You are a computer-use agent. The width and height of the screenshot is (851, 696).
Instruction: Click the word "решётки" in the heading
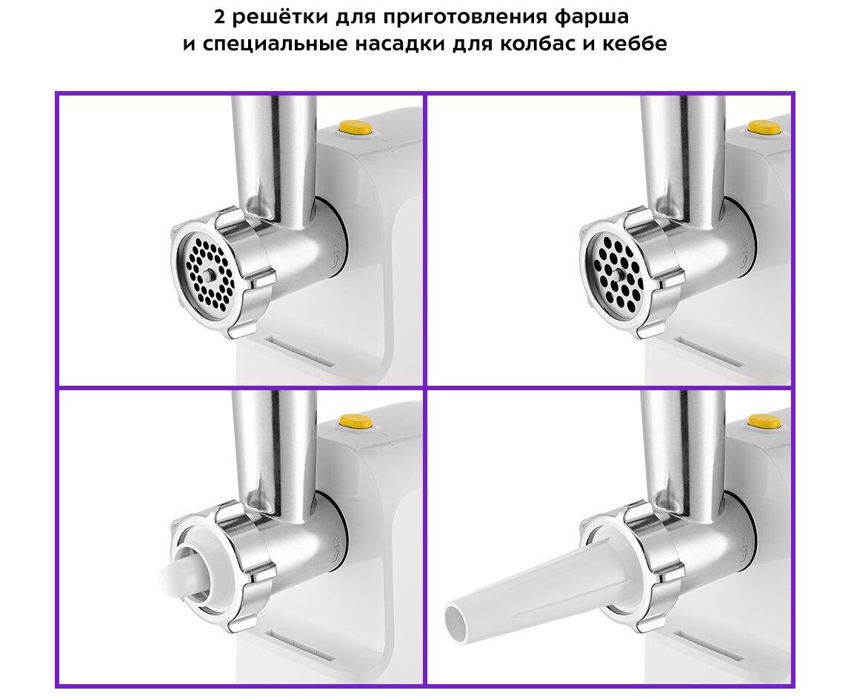[277, 17]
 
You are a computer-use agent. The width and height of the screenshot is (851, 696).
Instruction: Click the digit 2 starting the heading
[219, 17]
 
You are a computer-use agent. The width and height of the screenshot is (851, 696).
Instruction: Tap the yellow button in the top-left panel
[356, 129]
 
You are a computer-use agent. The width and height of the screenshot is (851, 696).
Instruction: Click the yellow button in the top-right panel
[764, 129]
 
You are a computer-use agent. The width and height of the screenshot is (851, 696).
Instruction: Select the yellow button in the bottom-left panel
[356, 421]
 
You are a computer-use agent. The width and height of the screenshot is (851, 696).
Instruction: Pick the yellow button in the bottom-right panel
[764, 421]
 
